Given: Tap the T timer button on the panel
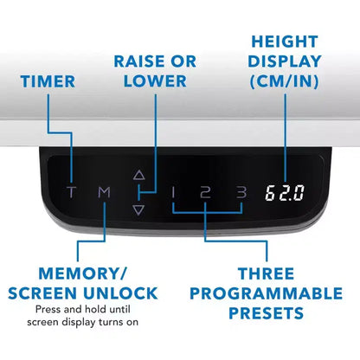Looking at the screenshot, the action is coord(71,192).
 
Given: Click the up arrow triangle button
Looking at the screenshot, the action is coord(139,175).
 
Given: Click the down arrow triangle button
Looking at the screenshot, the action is coord(138,210).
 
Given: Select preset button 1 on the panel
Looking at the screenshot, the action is coord(173,192).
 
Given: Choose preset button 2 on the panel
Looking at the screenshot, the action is coord(205,192).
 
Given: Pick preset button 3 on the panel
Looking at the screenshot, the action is coord(241,192).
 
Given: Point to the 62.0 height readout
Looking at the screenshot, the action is coord(285,193).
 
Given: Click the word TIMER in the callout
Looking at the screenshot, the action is coord(48,81).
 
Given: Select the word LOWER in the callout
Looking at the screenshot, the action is coord(155,81).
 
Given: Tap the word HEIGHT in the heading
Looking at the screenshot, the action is coord(285,42).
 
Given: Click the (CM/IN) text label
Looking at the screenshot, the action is coord(285,81).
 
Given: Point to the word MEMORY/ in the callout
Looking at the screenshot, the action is coord(82,273).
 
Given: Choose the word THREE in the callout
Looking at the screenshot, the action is coord(266,273).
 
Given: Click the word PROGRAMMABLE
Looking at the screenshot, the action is coord(266,293).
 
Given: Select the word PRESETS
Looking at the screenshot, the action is coord(266,313).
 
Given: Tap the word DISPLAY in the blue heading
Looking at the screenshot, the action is coord(285,61).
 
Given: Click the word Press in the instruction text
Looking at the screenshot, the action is coord(48,310).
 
